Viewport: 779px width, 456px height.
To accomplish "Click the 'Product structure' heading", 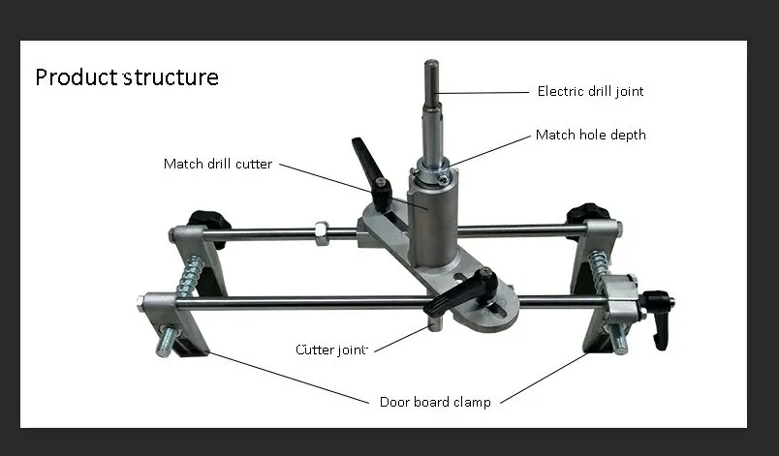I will pos(127,77).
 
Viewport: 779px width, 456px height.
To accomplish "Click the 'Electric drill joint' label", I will pos(590,92).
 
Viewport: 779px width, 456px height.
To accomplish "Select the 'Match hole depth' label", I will pos(590,136).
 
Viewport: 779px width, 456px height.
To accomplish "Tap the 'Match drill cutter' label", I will pos(217,164).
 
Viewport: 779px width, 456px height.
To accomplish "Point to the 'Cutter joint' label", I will pos(331,349).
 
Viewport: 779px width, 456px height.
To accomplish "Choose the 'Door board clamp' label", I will pos(435,401).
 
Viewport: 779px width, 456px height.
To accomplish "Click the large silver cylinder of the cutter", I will pos(431,223).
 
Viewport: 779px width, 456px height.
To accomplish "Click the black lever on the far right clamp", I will pos(661,319).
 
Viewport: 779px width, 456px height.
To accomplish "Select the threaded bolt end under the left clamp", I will pos(168,339).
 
